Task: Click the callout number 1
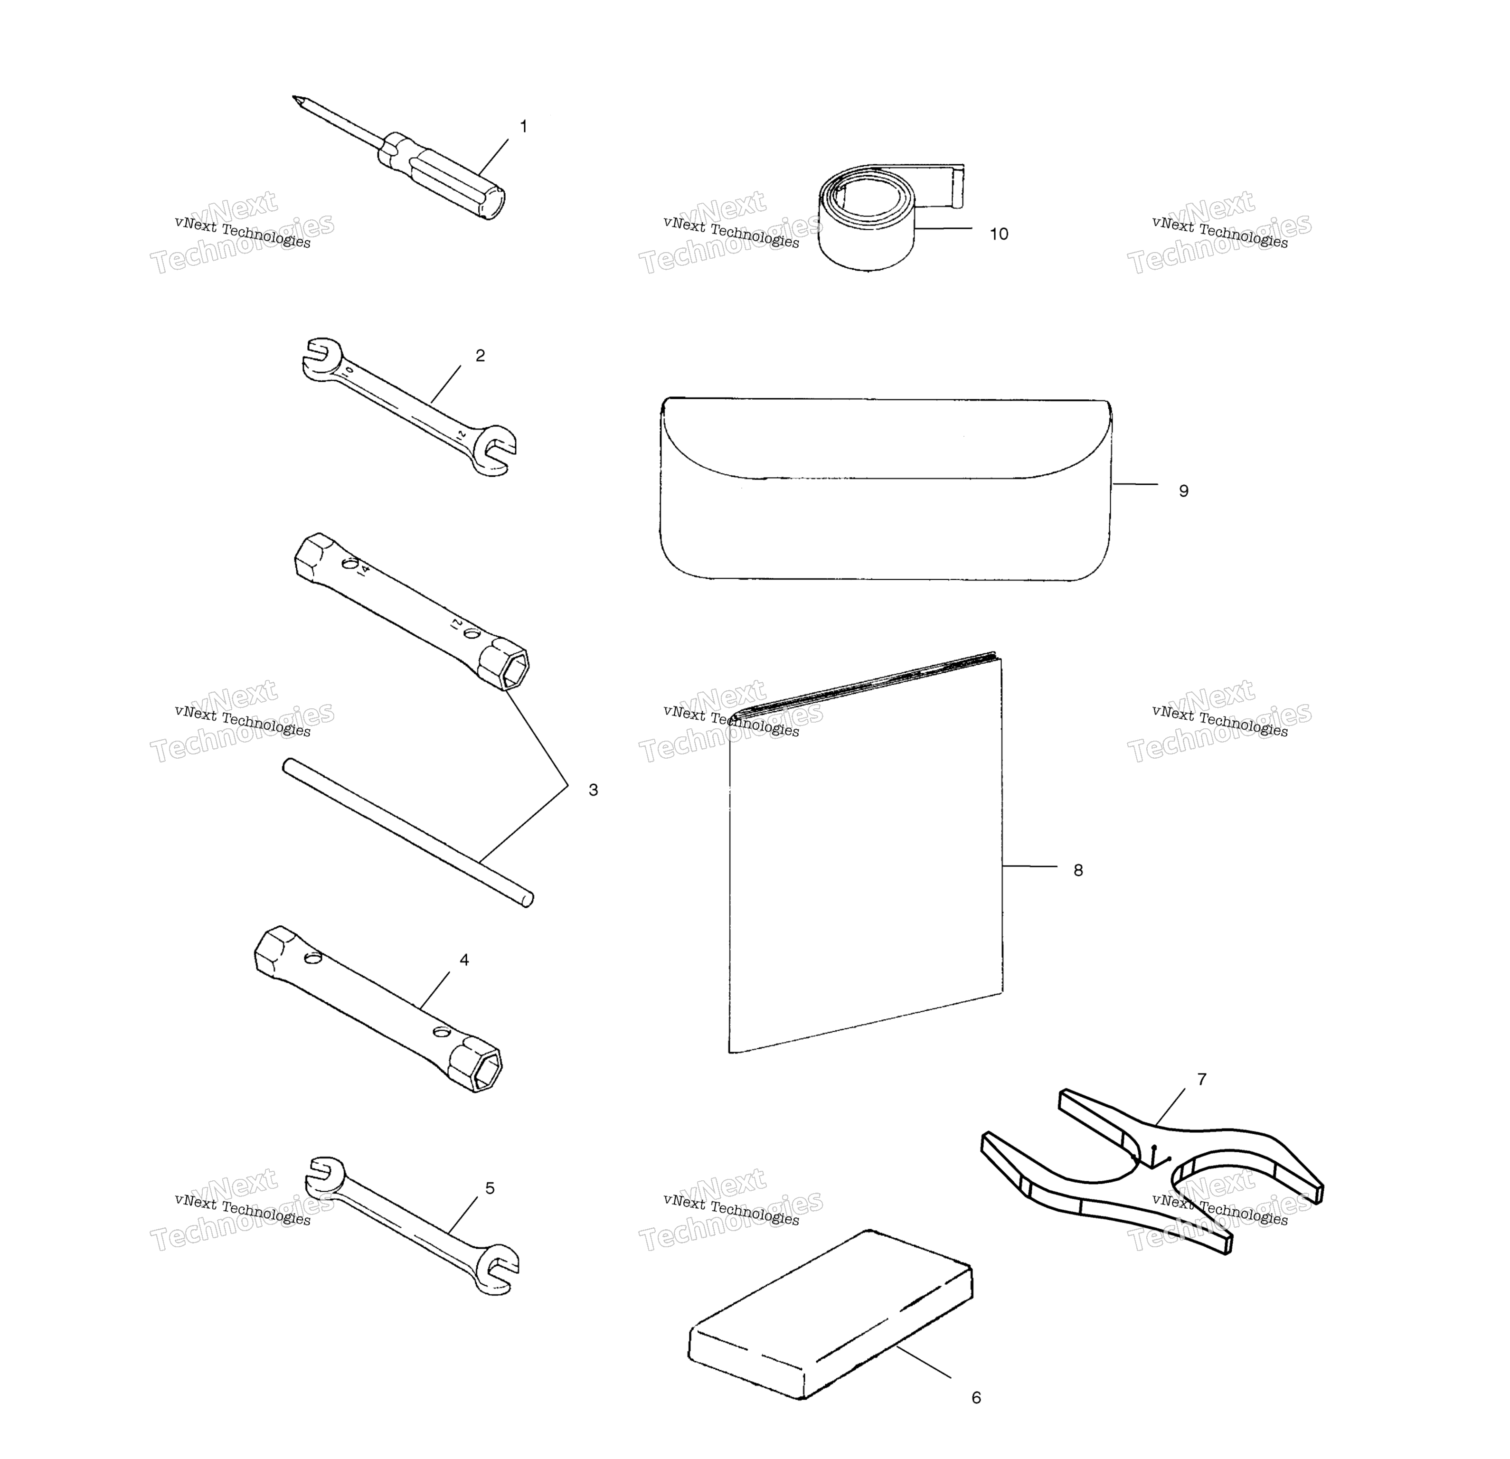524,126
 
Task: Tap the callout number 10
999,234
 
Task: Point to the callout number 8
1078,870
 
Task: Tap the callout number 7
1202,1079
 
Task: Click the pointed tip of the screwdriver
293,97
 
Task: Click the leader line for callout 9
1135,485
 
